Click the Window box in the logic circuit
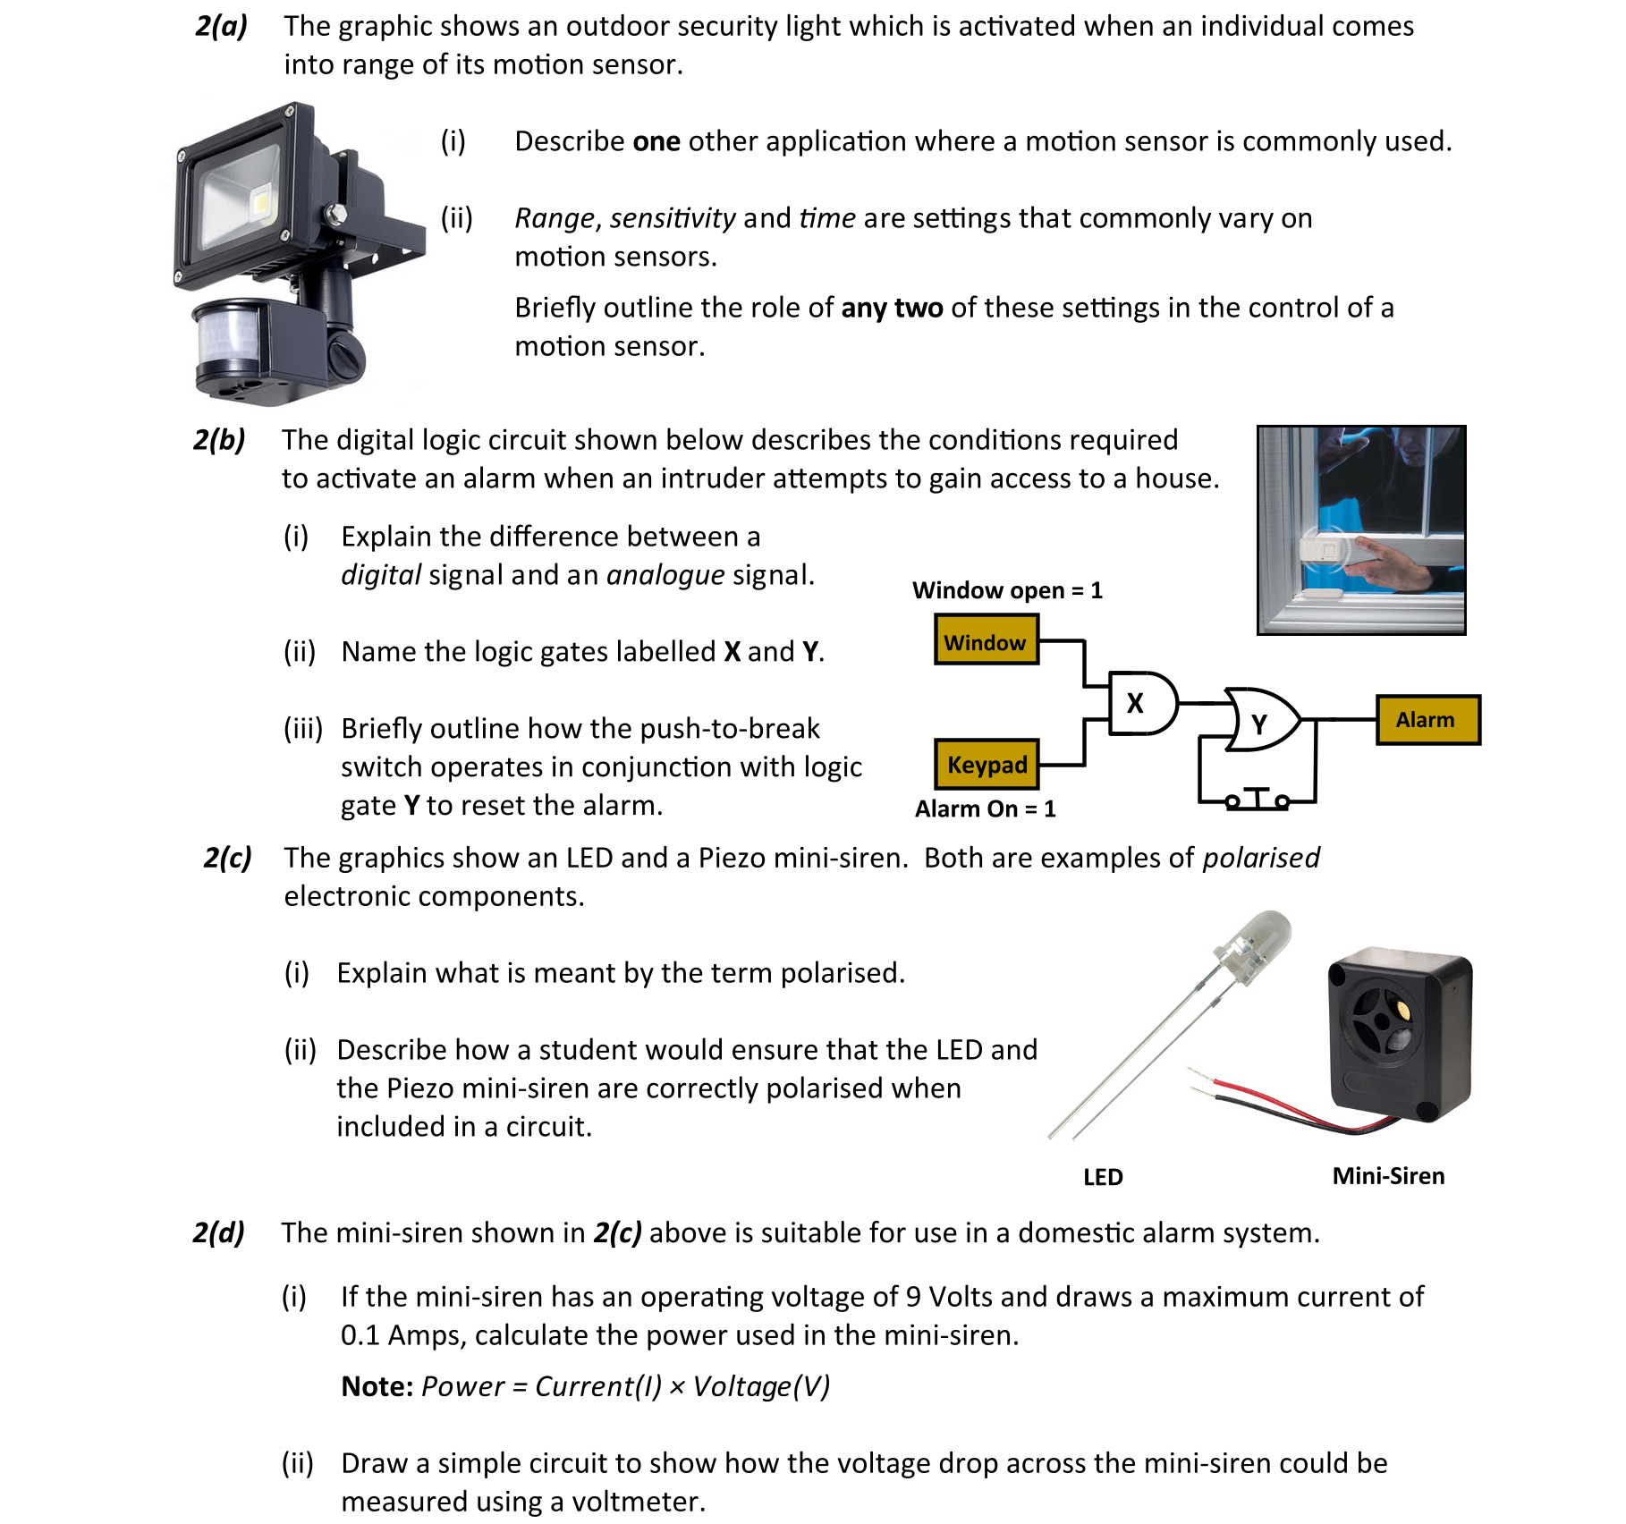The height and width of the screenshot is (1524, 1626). tap(986, 640)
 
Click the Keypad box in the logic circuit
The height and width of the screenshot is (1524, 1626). tap(987, 765)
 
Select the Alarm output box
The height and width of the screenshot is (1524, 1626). tap(1427, 720)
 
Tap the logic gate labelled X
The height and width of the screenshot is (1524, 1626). tap(1141, 704)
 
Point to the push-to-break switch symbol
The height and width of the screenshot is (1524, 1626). tap(1257, 798)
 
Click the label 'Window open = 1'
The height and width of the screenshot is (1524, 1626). tap(1007, 590)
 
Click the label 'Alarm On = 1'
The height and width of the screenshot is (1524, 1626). tap(985, 809)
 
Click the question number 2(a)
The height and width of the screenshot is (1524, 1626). tap(221, 26)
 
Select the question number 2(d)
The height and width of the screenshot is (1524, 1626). tap(219, 1232)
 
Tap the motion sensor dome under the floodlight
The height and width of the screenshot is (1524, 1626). tap(227, 341)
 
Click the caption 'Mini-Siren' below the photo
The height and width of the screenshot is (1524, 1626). tap(1388, 1176)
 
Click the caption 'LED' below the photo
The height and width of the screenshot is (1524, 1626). tap(1103, 1177)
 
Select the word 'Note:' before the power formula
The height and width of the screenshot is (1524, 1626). tap(377, 1386)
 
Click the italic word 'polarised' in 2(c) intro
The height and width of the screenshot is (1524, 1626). tap(1260, 858)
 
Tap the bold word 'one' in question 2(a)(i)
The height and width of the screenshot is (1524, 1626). tap(656, 141)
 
